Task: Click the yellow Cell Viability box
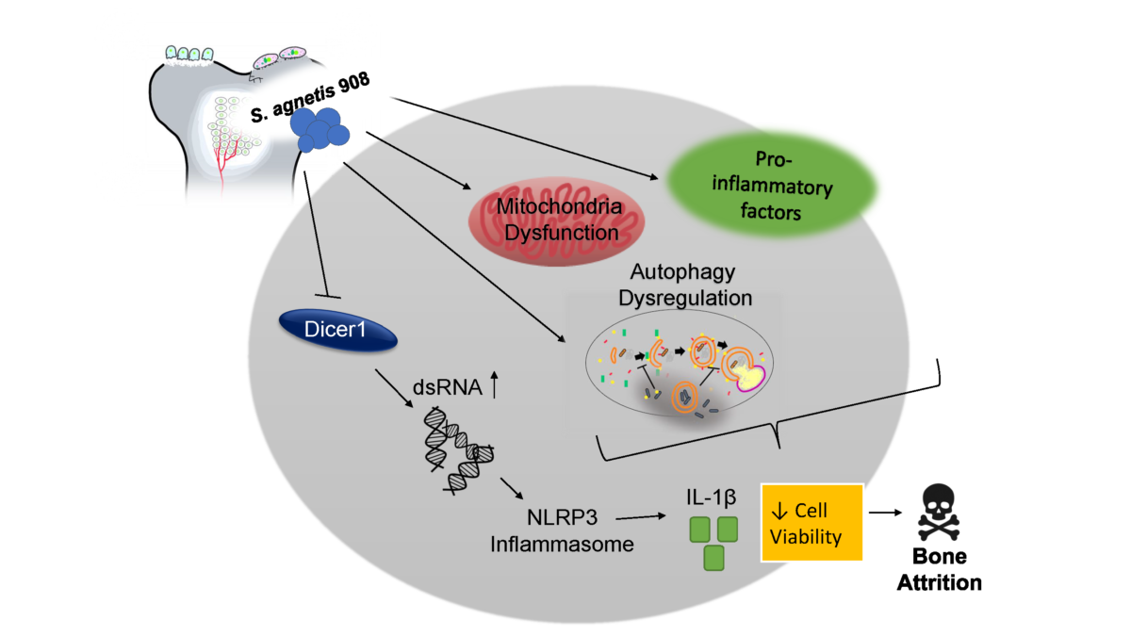pyautogui.click(x=811, y=523)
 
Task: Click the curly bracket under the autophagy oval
pyautogui.click(x=775, y=438)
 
